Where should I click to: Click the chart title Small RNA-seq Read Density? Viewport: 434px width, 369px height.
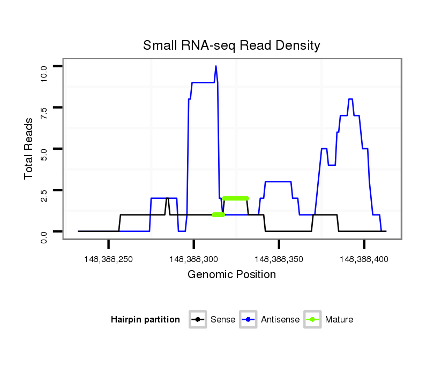tap(231, 45)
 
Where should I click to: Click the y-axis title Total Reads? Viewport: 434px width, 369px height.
tap(29, 149)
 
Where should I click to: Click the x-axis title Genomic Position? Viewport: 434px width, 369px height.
tap(231, 275)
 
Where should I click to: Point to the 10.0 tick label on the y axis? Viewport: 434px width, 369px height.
tap(44, 71)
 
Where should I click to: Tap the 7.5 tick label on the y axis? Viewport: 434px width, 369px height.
tap(44, 112)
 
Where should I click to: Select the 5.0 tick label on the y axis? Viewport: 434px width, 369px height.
tap(44, 153)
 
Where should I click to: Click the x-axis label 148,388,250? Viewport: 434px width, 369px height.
tap(109, 259)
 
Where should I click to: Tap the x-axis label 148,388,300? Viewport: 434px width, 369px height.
tap(194, 259)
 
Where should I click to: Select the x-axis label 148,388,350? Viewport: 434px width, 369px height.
tap(279, 259)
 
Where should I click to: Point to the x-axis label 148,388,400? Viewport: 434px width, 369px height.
tap(364, 259)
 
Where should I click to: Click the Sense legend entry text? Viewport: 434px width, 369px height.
tap(223, 320)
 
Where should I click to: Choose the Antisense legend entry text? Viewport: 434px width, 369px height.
tap(280, 320)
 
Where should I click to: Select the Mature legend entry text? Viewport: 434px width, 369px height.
tap(340, 320)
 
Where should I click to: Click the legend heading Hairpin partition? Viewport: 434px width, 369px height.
tap(145, 320)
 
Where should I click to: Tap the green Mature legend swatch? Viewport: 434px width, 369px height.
tap(312, 320)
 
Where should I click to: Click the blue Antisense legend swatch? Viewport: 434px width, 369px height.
tap(249, 320)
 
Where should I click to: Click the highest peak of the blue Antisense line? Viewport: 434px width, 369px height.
tap(216, 66)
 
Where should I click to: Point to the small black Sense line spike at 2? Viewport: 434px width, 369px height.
tap(168, 198)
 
